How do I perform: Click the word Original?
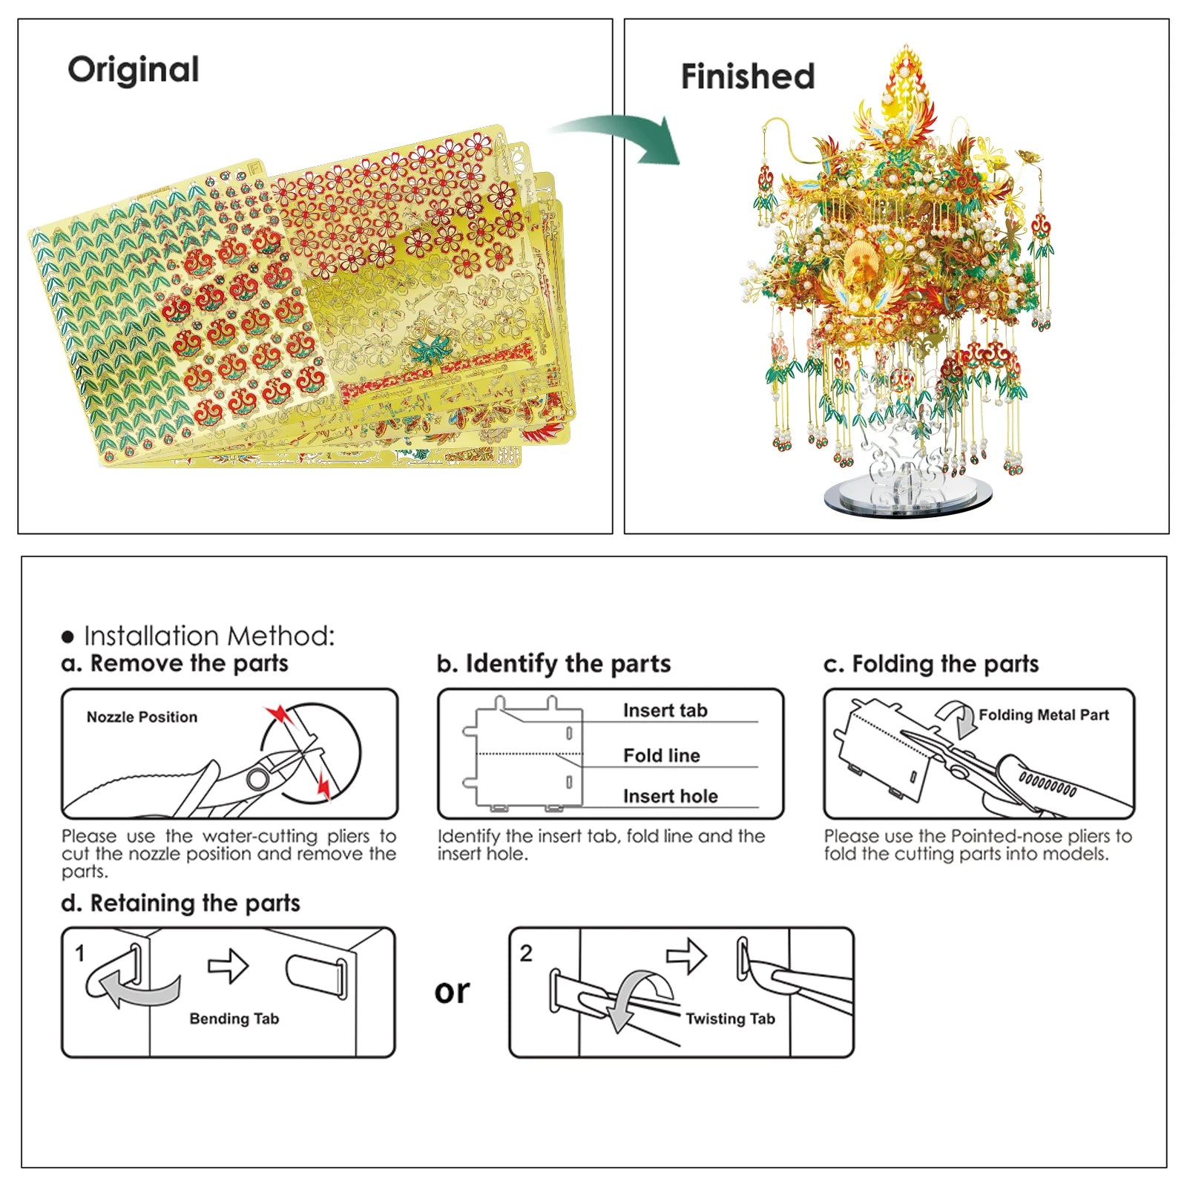coord(134,70)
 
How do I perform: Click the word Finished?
coord(747,76)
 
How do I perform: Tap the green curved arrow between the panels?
coord(623,137)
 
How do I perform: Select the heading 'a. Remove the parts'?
coord(175,662)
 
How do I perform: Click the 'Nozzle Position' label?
coord(142,717)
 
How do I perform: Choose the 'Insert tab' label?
coord(665,710)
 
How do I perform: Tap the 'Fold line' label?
coord(661,755)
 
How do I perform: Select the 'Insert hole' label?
coord(670,796)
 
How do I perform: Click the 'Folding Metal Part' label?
coord(1043,714)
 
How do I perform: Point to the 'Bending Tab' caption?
coord(234,1019)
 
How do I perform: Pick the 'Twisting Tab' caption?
coord(730,1019)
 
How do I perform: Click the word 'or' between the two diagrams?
coord(452,992)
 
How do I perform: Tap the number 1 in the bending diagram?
coord(80,953)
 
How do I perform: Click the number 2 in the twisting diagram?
coord(526,953)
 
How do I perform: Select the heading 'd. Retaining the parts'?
coord(181,903)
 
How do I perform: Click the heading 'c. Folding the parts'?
coord(931,663)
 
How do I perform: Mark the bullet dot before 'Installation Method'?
coord(68,637)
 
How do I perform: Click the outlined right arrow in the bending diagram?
coord(228,965)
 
